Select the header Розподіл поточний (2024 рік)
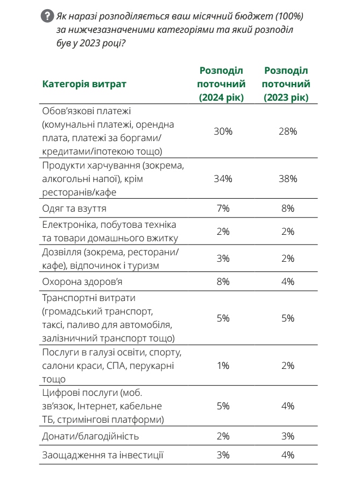click(222, 85)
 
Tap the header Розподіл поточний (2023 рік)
click(287, 85)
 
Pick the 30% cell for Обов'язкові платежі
click(223, 131)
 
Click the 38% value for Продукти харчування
click(287, 178)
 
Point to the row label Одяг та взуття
click(74, 208)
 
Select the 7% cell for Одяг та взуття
click(223, 208)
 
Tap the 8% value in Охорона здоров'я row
click(223, 281)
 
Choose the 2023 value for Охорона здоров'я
click(287, 281)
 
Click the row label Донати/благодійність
click(90, 436)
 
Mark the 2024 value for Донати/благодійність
click(223, 436)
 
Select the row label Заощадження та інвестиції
click(102, 455)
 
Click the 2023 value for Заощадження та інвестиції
click(287, 455)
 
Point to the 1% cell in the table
click(223, 366)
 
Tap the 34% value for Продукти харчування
click(223, 178)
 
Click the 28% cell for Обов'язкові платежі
click(287, 131)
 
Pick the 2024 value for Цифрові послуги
click(223, 406)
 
